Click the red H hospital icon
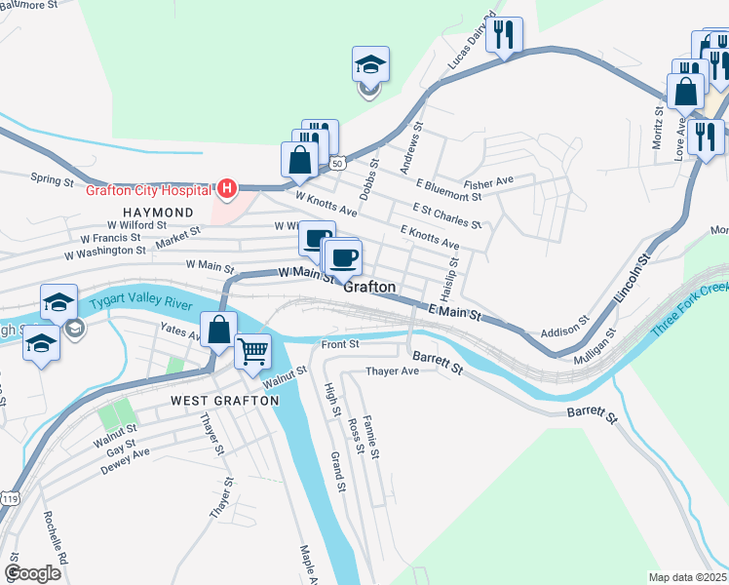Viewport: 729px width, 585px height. tap(226, 188)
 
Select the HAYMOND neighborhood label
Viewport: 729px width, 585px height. tap(157, 212)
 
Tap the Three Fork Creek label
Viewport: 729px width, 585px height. tap(690, 310)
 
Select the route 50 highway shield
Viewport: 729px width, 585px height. tap(337, 163)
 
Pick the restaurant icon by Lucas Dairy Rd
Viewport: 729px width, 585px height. tap(505, 35)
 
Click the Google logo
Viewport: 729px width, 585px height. tap(32, 573)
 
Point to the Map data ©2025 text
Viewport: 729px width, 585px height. tap(687, 577)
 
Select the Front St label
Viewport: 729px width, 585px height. tap(341, 343)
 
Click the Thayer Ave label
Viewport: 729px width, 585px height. tap(392, 371)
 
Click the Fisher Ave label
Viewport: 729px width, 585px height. tap(488, 182)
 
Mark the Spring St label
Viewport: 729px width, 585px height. tap(52, 179)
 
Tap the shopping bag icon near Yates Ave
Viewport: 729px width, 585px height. tap(218, 330)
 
